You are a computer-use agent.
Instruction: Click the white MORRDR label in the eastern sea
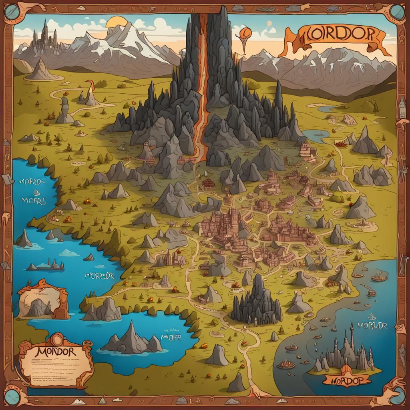click(x=372, y=325)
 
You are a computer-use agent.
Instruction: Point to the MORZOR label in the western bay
click(x=100, y=276)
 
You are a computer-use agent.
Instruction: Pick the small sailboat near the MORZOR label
click(x=89, y=257)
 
